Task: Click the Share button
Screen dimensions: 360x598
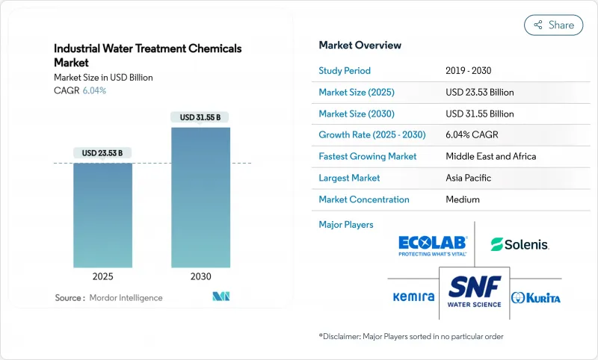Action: pyautogui.click(x=553, y=25)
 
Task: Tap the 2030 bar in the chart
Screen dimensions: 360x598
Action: pyautogui.click(x=200, y=197)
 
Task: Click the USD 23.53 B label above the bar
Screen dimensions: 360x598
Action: pyautogui.click(x=102, y=153)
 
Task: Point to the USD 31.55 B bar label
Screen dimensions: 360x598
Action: pyautogui.click(x=200, y=117)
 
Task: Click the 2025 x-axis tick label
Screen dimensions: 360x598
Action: pyautogui.click(x=102, y=276)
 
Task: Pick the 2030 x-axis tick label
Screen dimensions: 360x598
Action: pyautogui.click(x=200, y=276)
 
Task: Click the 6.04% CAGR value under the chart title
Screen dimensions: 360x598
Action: pyautogui.click(x=93, y=90)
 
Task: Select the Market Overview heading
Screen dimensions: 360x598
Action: pyautogui.click(x=360, y=45)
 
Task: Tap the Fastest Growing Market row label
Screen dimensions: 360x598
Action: pyautogui.click(x=368, y=157)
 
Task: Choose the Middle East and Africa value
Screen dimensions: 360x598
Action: pyautogui.click(x=491, y=157)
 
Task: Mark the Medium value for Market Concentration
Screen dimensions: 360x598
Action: pyautogui.click(x=463, y=199)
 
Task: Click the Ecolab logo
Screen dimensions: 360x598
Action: pyautogui.click(x=433, y=245)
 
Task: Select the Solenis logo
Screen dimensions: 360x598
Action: pyautogui.click(x=520, y=244)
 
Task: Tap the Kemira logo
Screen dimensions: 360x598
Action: pyautogui.click(x=413, y=297)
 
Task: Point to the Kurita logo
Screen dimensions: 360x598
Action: pyautogui.click(x=535, y=297)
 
